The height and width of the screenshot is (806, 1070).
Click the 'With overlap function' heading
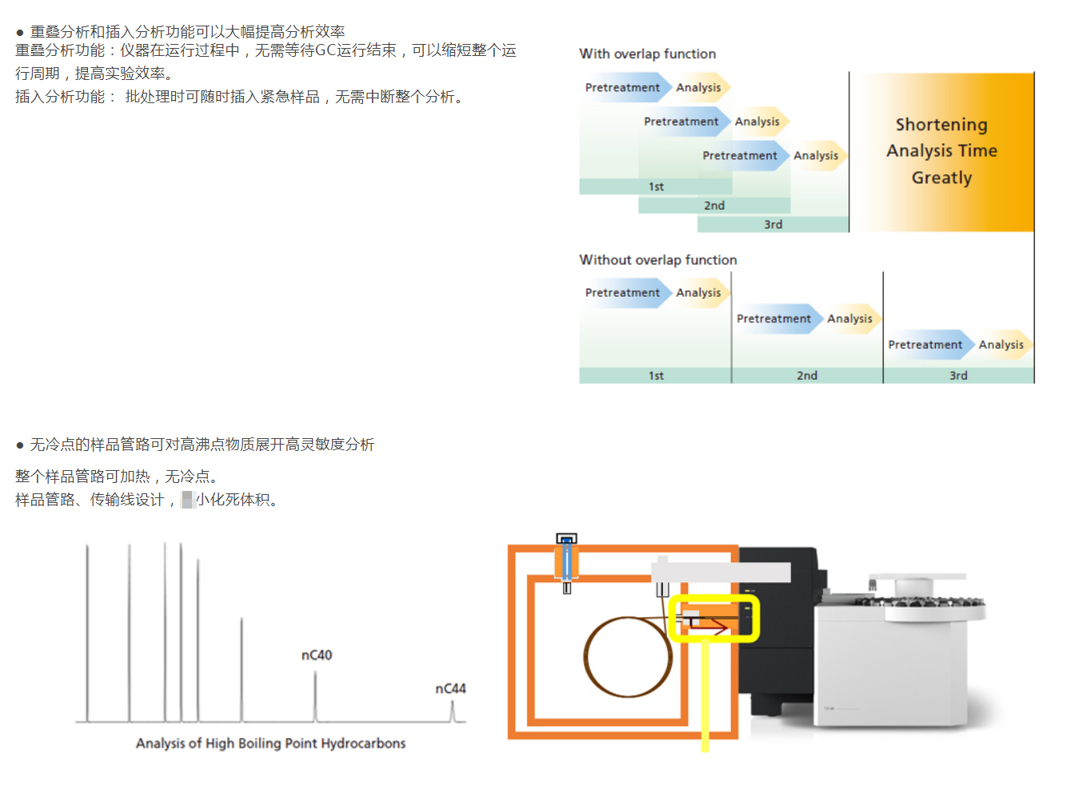click(x=647, y=54)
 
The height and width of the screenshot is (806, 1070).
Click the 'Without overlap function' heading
click(x=657, y=260)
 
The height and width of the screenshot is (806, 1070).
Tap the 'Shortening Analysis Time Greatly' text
click(x=941, y=151)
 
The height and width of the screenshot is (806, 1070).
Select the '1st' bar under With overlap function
click(x=656, y=186)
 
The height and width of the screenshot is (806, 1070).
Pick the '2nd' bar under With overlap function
click(x=714, y=205)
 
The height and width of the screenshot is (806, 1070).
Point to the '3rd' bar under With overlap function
click(x=773, y=225)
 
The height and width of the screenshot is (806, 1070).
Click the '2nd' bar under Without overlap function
click(x=806, y=376)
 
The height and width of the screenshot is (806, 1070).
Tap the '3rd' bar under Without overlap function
click(x=958, y=376)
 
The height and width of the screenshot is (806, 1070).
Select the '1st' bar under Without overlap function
click(x=656, y=376)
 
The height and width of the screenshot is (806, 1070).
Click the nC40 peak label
click(x=317, y=656)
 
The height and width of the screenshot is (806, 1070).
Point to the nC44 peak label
click(x=450, y=688)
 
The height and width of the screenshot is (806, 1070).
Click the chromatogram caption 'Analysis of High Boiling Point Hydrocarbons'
click(x=270, y=744)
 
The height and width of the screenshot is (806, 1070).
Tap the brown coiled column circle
click(x=629, y=656)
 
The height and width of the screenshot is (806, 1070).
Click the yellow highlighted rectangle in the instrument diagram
click(x=713, y=618)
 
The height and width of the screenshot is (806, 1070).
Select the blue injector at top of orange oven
click(x=566, y=560)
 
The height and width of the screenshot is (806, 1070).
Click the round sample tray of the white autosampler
click(x=920, y=604)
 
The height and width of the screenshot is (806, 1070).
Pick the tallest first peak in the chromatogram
click(x=88, y=632)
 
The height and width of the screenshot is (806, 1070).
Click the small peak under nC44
click(x=453, y=712)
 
